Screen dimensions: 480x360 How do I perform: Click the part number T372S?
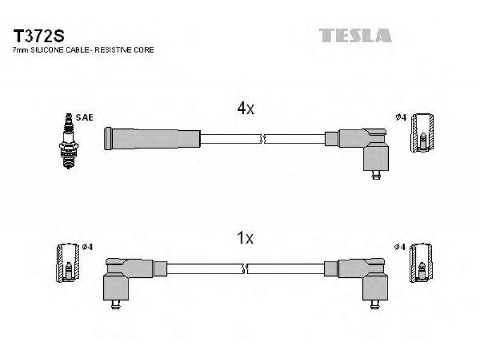pos(38,36)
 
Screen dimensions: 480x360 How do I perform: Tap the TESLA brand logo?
pos(355,35)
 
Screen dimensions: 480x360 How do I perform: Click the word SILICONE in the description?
pos(47,50)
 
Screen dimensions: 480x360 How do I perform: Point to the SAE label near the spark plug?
pos(84,117)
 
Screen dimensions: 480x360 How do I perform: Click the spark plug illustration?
pos(68,141)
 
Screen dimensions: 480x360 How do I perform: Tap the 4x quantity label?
pos(245,108)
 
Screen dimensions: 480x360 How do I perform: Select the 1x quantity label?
pos(245,238)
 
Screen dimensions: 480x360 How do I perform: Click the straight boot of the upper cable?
pos(152,139)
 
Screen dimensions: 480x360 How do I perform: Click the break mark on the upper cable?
pos(262,139)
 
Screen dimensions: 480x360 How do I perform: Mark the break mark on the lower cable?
pos(245,269)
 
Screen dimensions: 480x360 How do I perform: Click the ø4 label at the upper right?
pos(401,117)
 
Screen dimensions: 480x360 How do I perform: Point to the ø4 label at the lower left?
pos(88,247)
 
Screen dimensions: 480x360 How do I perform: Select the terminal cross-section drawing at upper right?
pos(422,133)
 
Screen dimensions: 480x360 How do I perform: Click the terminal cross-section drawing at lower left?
pos(68,263)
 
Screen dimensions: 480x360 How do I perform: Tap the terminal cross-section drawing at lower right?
pos(422,263)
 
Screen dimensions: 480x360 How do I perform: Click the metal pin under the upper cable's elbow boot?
pos(376,175)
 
